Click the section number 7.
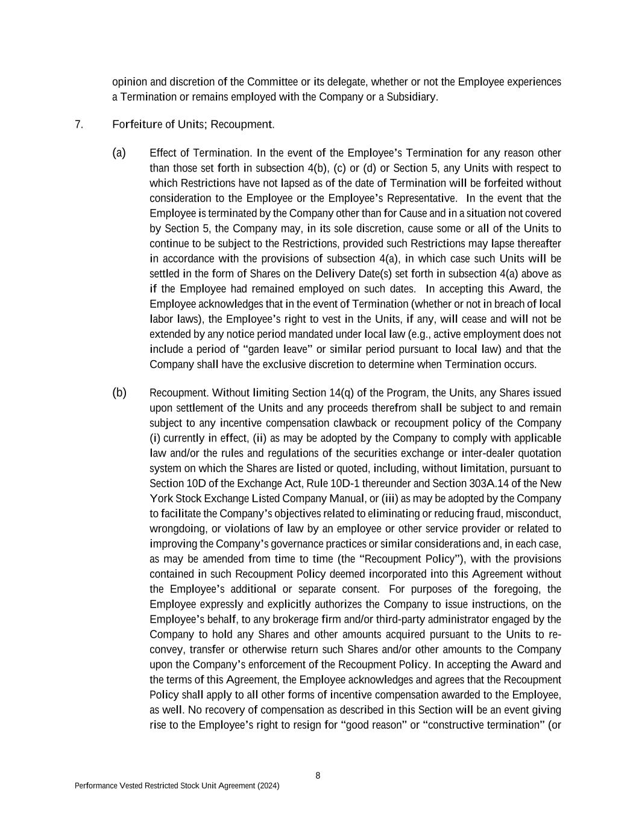coord(78,125)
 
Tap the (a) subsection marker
coord(119,152)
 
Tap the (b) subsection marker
coord(119,393)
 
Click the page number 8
coord(318,776)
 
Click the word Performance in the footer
coord(95,786)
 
